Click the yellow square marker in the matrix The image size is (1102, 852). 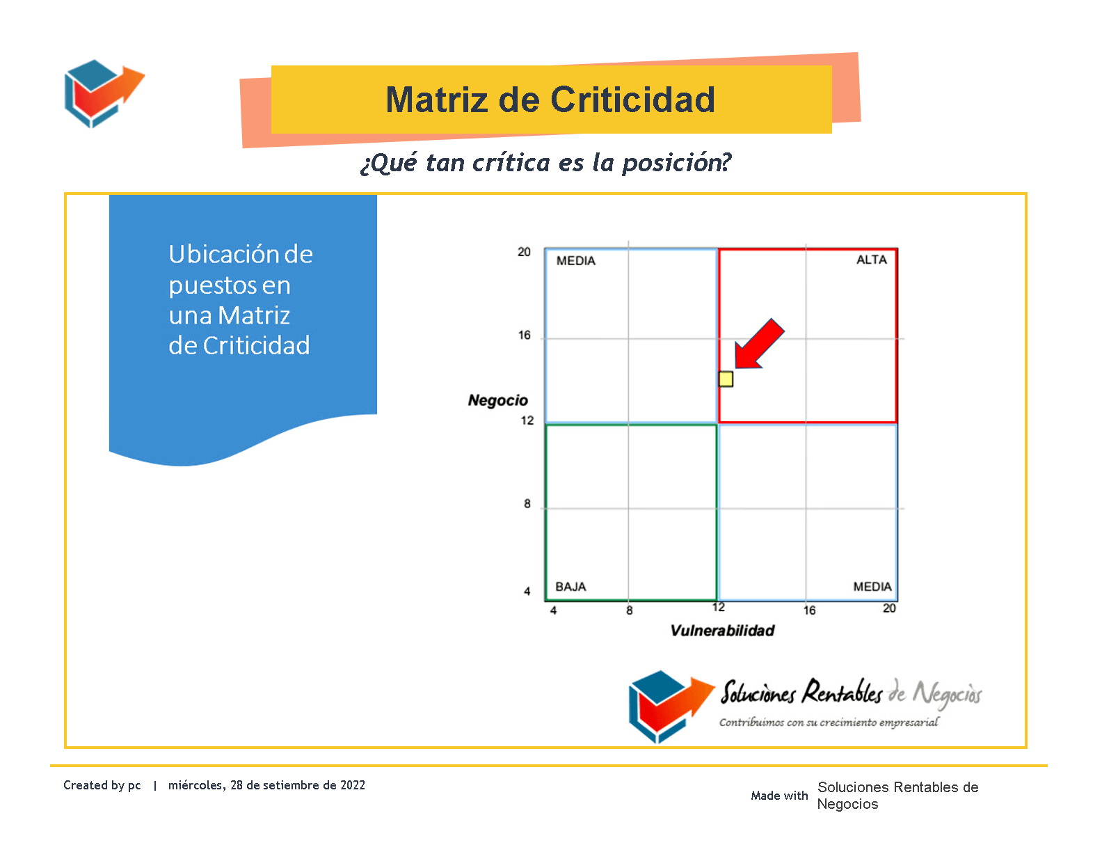[726, 379]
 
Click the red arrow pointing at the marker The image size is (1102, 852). [759, 344]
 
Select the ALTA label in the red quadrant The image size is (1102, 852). [872, 260]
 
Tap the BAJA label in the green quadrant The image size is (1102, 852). [570, 587]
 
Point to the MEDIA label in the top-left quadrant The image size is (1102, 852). [575, 261]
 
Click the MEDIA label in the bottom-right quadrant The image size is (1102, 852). [872, 587]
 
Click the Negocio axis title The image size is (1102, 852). [497, 400]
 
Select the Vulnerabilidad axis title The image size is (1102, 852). [722, 630]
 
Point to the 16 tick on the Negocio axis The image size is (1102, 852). [524, 335]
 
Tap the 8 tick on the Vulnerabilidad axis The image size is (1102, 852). [629, 610]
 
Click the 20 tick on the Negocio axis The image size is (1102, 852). [524, 252]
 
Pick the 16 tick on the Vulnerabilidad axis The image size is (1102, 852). [809, 610]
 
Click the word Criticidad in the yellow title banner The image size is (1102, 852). [633, 100]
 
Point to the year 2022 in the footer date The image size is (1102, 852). [353, 785]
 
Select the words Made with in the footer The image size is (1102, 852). [779, 795]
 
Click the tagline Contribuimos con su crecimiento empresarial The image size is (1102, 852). [829, 722]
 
